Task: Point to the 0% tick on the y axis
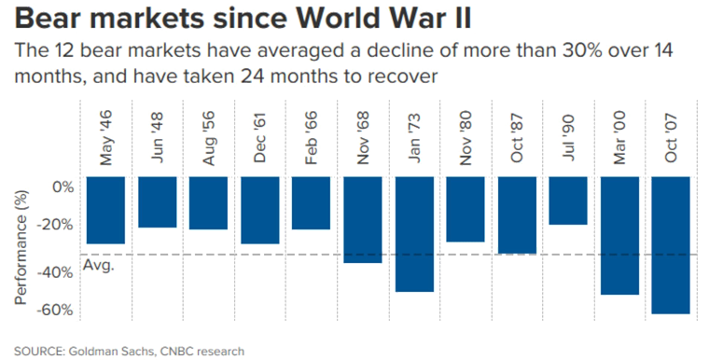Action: tap(63, 187)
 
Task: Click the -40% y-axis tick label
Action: tap(58, 271)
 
